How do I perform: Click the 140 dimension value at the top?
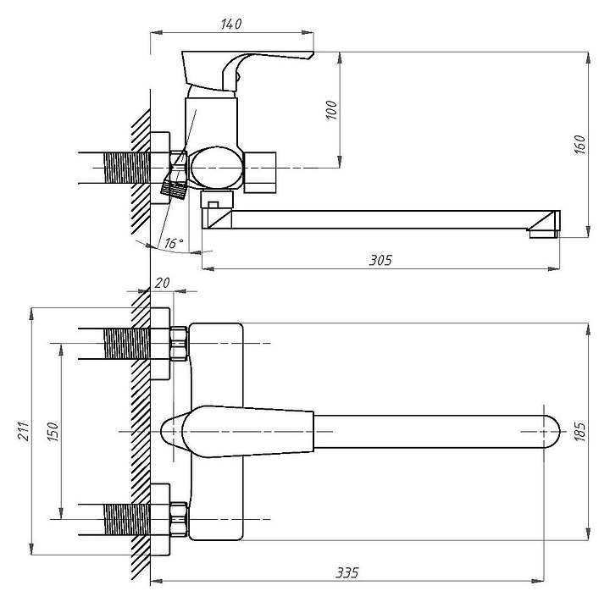click(x=231, y=24)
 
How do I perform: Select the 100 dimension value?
click(x=331, y=109)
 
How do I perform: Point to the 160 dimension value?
click(x=580, y=145)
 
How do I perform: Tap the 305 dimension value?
click(x=381, y=260)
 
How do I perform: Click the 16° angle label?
click(x=174, y=243)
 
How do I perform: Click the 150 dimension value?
click(x=52, y=431)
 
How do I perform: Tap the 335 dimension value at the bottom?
click(x=347, y=573)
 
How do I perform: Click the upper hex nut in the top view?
click(x=178, y=343)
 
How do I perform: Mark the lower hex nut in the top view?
click(x=178, y=518)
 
